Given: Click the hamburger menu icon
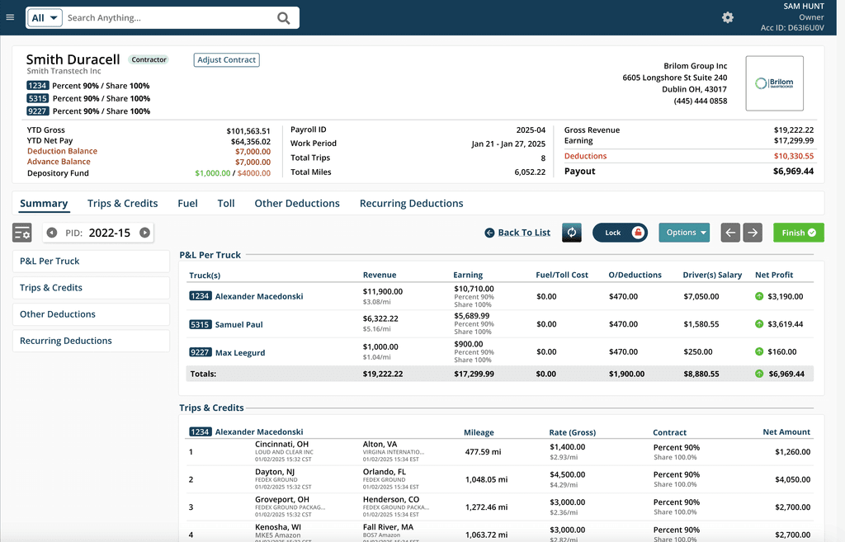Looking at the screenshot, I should click(x=10, y=17).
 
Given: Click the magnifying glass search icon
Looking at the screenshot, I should click(x=283, y=18).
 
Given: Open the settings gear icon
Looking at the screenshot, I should click(x=727, y=17).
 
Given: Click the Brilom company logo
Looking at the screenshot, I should click(x=774, y=83).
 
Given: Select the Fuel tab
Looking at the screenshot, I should click(x=187, y=204).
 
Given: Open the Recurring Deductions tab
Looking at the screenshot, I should click(x=411, y=204).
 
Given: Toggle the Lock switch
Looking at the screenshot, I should click(x=620, y=233).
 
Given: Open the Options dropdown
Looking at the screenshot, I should click(x=684, y=233).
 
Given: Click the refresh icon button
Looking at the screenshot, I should click(x=572, y=233).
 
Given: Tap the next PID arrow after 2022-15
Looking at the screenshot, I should click(x=145, y=233).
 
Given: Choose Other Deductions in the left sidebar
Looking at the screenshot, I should click(x=58, y=314).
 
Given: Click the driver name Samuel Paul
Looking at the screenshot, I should click(x=238, y=325).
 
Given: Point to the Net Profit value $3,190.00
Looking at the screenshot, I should click(x=785, y=297).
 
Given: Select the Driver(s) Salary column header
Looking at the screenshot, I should click(x=712, y=275).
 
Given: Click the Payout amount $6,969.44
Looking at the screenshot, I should click(x=793, y=172).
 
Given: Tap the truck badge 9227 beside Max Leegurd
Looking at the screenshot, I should click(x=201, y=353).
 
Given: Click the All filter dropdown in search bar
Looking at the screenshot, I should click(x=45, y=18).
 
